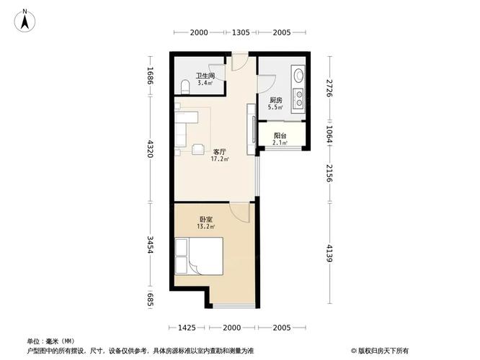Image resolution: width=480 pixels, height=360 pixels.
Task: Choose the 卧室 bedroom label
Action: pos(205,222)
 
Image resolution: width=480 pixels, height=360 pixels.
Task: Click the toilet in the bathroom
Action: pos(185,87)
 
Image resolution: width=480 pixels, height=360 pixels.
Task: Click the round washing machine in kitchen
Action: pos(297,74)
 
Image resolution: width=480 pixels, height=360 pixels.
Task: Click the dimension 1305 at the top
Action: pos(240,32)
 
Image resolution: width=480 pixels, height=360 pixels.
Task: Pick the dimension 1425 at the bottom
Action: pos(187,328)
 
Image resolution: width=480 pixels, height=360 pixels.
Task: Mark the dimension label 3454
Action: pos(151,247)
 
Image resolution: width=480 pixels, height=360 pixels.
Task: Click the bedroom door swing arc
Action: pos(239,210)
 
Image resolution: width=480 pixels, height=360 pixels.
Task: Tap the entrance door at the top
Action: pos(239,63)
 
